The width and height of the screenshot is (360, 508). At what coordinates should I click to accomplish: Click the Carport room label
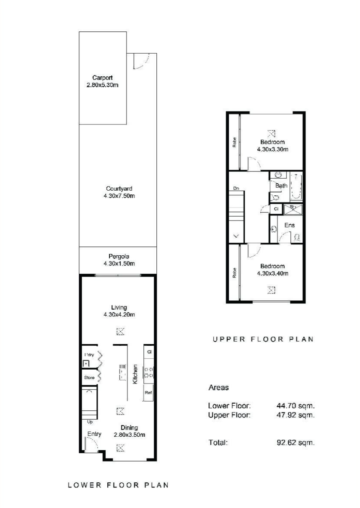[103, 78]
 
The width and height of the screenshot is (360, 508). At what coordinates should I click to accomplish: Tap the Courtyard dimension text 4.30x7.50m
[119, 196]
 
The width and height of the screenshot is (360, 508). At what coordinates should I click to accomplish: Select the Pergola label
[119, 257]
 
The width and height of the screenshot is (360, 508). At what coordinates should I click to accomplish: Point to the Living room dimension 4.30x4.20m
[119, 314]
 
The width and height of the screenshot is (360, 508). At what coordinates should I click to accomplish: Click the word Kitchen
[135, 374]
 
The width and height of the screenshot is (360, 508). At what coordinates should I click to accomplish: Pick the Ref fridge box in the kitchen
[148, 393]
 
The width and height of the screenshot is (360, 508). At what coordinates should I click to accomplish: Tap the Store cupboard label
[89, 378]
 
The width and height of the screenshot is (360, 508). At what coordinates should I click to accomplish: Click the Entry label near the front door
[94, 434]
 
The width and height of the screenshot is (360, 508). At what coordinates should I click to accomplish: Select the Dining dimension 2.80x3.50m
[129, 435]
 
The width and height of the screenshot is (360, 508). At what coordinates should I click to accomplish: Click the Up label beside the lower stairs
[90, 422]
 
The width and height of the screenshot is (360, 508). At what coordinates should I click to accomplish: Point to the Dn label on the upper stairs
[236, 188]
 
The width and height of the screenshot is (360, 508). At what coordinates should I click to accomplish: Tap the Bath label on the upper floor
[281, 186]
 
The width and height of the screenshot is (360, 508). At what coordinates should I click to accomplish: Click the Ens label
[290, 225]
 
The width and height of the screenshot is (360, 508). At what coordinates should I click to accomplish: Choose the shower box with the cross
[293, 209]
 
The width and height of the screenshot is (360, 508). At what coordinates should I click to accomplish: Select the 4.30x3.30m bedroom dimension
[272, 149]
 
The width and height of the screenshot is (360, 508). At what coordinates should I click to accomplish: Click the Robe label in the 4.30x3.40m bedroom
[234, 273]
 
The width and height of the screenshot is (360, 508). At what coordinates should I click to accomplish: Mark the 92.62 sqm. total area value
[295, 443]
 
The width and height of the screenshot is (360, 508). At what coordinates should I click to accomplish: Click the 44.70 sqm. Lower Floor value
[295, 405]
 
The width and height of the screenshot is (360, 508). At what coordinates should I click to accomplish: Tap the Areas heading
[218, 387]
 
